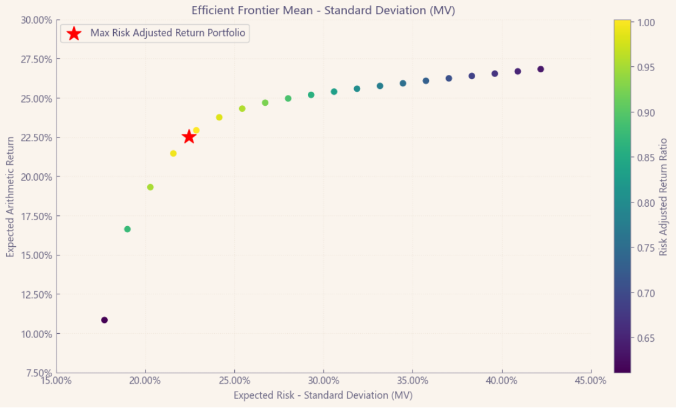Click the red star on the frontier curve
[189, 136]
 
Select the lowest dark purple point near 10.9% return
[104, 320]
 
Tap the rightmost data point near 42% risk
[540, 69]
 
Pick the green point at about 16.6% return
[127, 229]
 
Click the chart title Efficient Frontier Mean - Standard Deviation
[323, 10]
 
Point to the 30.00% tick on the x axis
[323, 380]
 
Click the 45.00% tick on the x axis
[591, 380]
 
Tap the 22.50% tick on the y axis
[36, 137]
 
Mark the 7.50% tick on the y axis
[38, 373]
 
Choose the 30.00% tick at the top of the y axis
[36, 20]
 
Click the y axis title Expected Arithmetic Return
[10, 196]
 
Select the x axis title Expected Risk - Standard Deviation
[323, 395]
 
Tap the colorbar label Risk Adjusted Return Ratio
[663, 196]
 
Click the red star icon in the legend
[74, 33]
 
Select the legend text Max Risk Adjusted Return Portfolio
[168, 33]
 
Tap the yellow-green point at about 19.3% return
[150, 187]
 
